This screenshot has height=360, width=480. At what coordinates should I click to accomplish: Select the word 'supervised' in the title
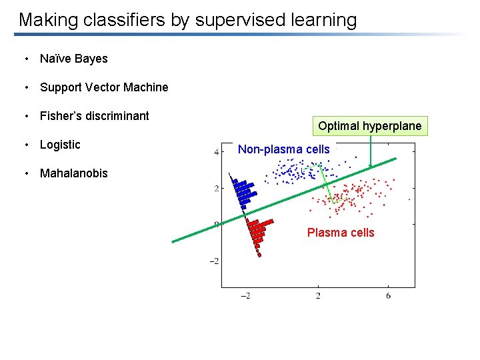237,20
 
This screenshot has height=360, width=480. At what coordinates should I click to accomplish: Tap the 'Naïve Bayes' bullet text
73,59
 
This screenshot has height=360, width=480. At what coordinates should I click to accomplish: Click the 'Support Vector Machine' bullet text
104,87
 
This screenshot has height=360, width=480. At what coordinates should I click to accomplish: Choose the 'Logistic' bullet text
60,145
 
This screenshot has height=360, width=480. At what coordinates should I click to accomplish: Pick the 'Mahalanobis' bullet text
73,173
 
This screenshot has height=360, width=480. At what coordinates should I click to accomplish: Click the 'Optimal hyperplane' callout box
369,126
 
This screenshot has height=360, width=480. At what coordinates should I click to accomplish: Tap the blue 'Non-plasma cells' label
283,149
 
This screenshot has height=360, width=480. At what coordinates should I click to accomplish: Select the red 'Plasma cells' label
340,233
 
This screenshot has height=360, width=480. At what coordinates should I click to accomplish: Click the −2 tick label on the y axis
214,261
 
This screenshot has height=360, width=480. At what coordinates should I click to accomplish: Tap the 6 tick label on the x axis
388,295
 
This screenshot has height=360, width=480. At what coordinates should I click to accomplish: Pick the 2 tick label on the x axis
317,295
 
